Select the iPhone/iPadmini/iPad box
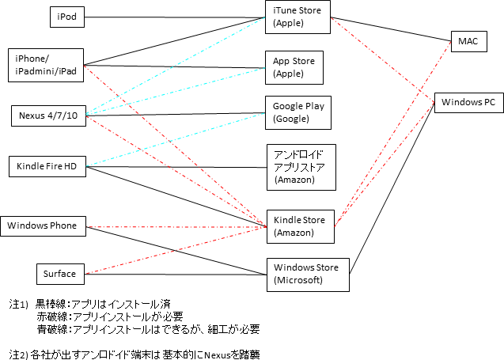pos(47,65)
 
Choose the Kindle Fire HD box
pos(47,166)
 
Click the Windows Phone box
pos(43,226)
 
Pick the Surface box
pos(60,274)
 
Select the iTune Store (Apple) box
pos(297,17)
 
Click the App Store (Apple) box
pos(297,67)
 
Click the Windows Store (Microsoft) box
pos(305,274)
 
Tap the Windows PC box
pos(468,102)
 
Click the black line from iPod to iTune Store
pos(174,16)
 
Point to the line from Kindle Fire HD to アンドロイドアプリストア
pos(174,167)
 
